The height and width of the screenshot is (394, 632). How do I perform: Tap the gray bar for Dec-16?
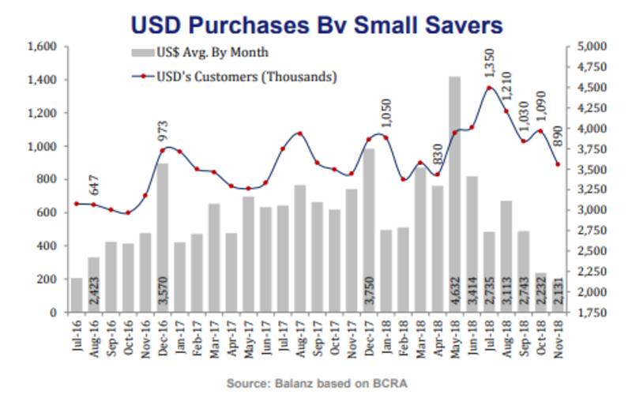(162, 238)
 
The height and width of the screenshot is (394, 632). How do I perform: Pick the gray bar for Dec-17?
(368, 230)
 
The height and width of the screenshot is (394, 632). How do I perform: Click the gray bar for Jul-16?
(77, 295)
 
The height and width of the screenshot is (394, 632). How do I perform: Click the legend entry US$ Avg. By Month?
(201, 53)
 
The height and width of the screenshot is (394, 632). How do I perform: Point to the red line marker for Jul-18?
(489, 88)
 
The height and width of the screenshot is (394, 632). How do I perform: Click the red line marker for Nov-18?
(558, 164)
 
